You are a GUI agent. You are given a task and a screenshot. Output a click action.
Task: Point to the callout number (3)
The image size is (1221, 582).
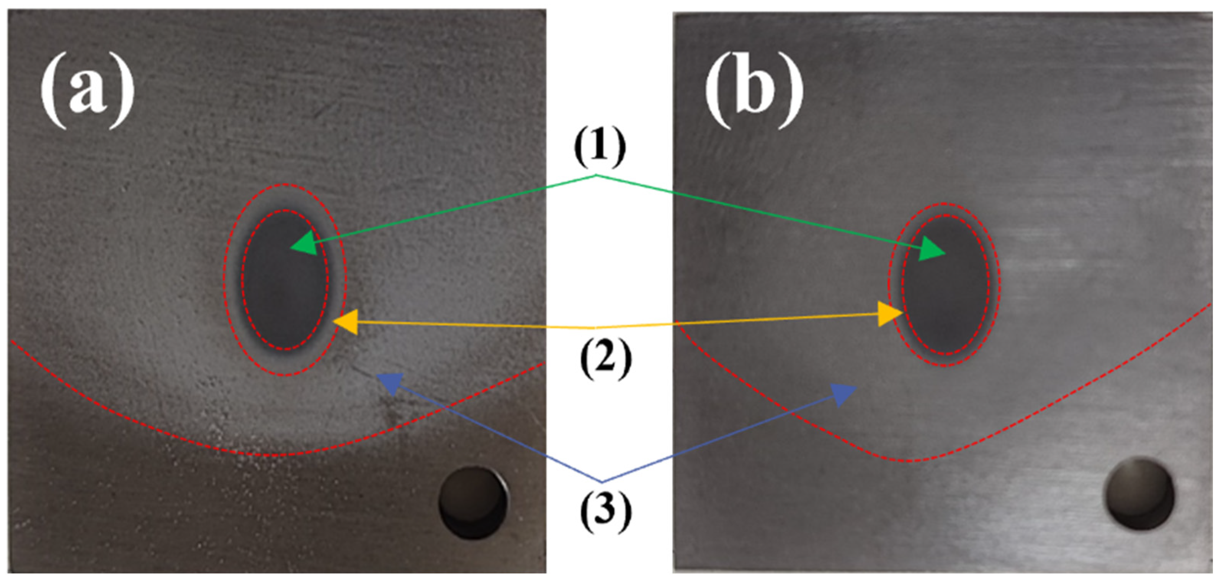coord(606,510)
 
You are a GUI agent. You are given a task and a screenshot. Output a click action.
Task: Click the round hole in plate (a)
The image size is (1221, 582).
coord(473,502)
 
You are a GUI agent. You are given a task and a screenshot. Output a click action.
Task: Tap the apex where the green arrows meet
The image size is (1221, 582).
coord(596,176)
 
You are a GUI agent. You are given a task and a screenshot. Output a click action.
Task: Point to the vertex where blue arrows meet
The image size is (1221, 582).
coord(602,482)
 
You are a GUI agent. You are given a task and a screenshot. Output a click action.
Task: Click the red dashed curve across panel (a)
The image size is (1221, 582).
coord(265,454)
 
